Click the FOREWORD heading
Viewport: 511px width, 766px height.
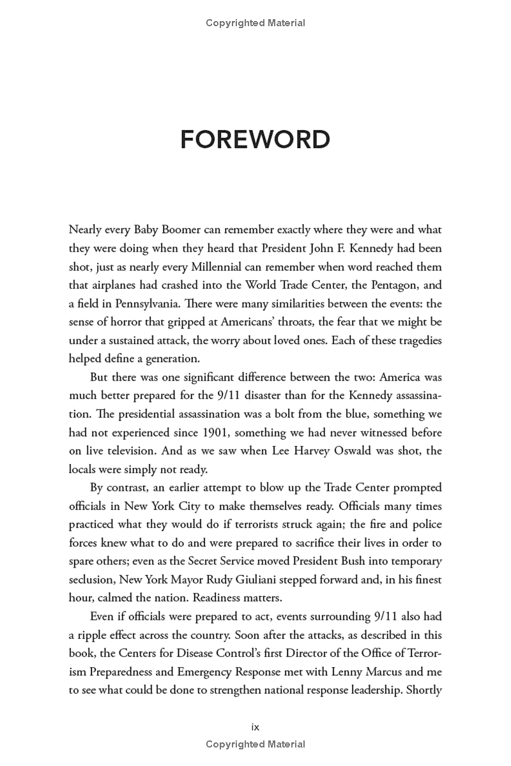(x=255, y=139)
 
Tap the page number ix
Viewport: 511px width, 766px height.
(x=256, y=726)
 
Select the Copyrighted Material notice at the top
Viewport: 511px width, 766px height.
(x=256, y=23)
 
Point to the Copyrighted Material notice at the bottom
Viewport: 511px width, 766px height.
(x=256, y=744)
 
